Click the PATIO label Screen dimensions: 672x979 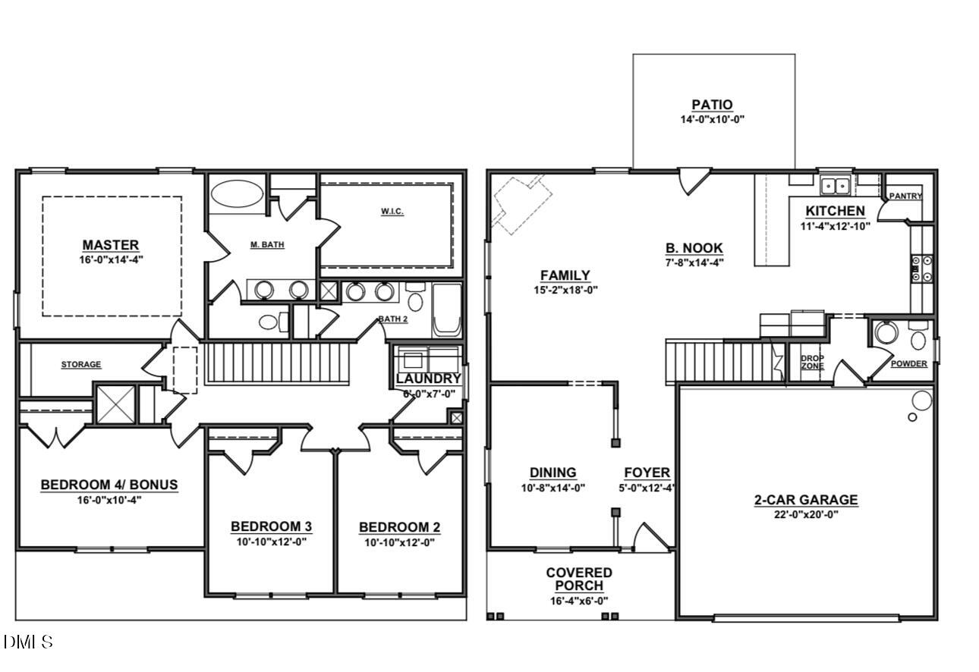point(712,105)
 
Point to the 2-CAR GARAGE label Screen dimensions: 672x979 point(805,500)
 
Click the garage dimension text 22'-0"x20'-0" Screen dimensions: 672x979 point(805,514)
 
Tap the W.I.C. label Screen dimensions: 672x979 point(392,211)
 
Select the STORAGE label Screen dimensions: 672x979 point(80,365)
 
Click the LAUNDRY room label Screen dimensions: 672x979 point(428,378)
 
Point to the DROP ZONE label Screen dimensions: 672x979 point(812,363)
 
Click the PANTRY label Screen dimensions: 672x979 point(905,196)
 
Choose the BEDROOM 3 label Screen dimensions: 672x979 point(271,526)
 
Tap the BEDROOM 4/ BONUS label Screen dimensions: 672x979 point(109,485)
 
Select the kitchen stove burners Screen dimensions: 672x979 point(921,268)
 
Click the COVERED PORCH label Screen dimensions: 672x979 point(579,579)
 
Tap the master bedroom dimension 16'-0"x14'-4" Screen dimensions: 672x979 point(112,259)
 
